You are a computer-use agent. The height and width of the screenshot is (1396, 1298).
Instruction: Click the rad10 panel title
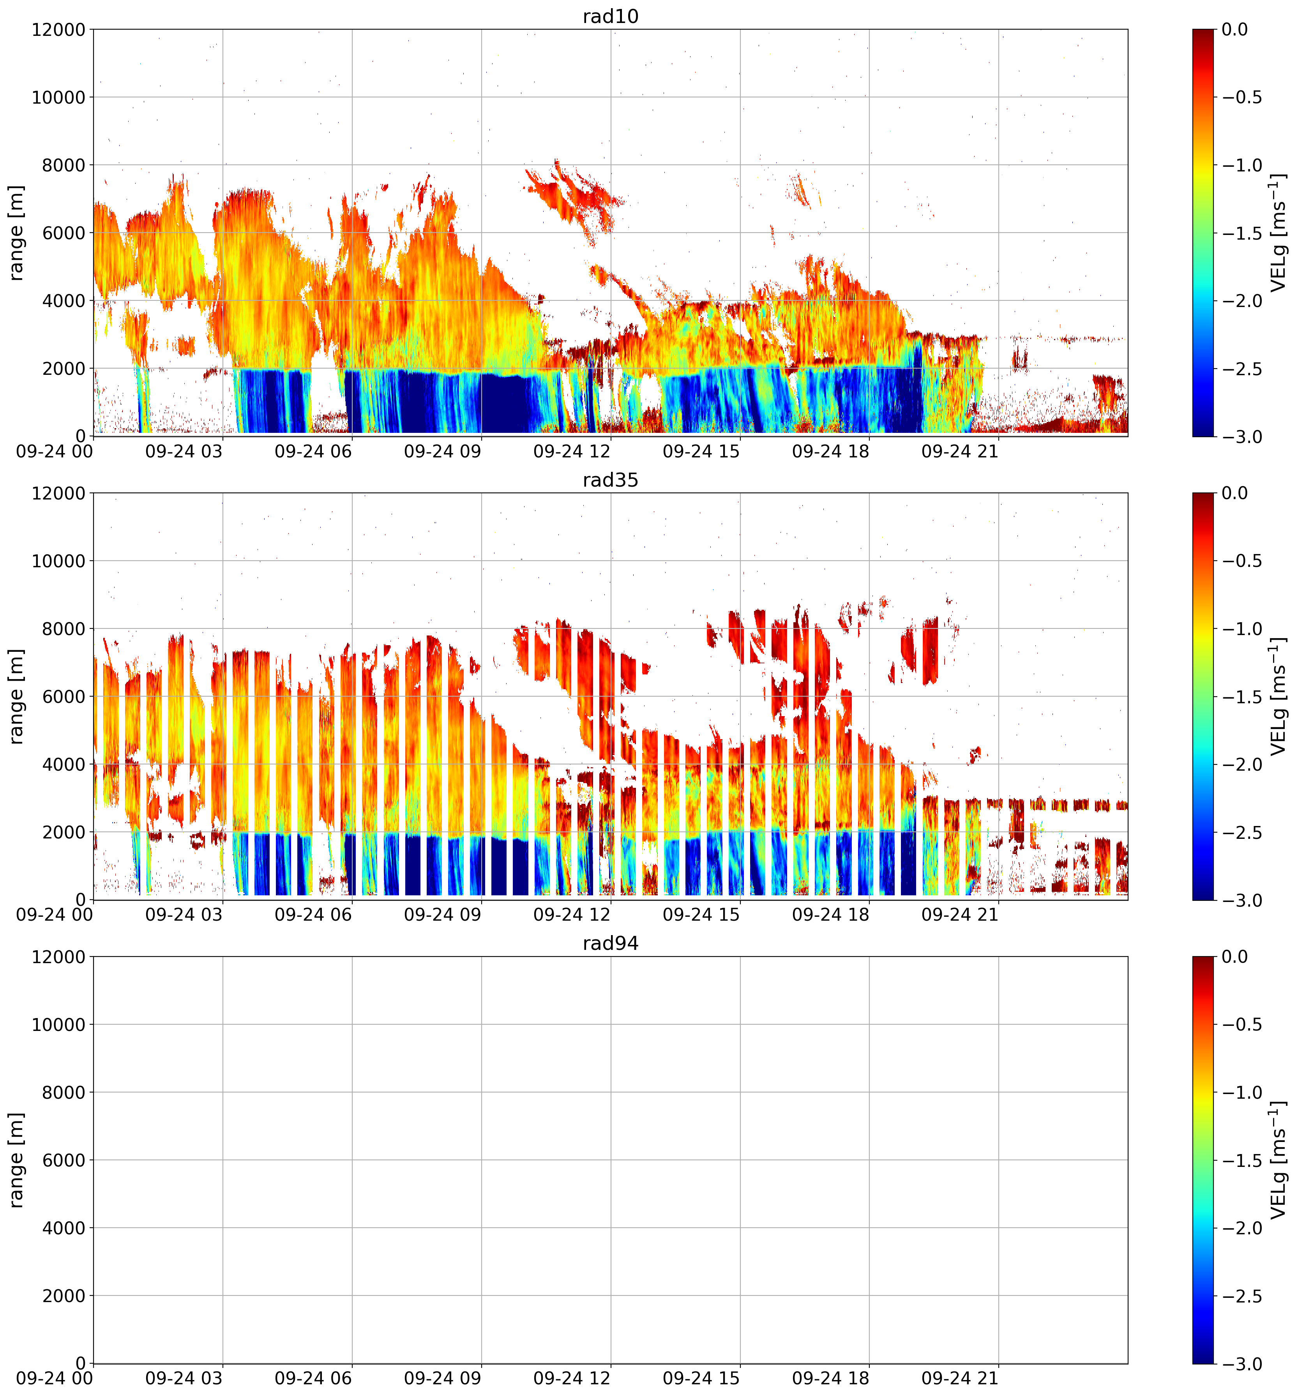pyautogui.click(x=610, y=16)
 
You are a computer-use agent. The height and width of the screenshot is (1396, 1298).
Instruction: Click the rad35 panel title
pyautogui.click(x=610, y=480)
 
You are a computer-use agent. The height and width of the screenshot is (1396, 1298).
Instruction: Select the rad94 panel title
pyautogui.click(x=610, y=943)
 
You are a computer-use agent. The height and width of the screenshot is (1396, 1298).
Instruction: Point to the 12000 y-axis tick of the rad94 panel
pyautogui.click(x=58, y=957)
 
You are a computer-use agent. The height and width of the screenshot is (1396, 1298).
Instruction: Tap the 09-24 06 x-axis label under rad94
pyautogui.click(x=313, y=1378)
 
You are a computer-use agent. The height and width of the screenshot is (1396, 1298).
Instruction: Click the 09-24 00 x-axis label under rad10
pyautogui.click(x=54, y=452)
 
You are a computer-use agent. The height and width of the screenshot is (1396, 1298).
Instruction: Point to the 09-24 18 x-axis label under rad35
pyautogui.click(x=831, y=915)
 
